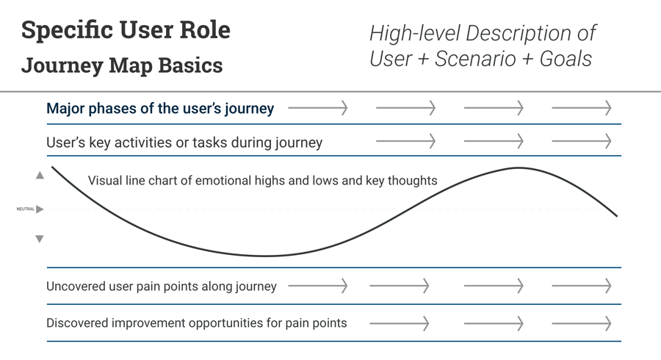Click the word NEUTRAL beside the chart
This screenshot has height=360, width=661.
pyautogui.click(x=25, y=209)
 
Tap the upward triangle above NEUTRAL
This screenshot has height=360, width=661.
pyautogui.click(x=40, y=176)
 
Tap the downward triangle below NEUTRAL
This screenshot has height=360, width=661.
pyautogui.click(x=40, y=239)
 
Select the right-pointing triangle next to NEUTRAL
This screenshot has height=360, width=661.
pyautogui.click(x=40, y=209)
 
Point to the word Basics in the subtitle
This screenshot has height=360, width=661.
pyautogui.click(x=189, y=65)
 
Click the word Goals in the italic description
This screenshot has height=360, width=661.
pyautogui.click(x=566, y=59)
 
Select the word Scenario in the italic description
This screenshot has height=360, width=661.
pyautogui.click(x=475, y=59)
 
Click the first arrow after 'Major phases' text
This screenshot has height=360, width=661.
pyautogui.click(x=317, y=109)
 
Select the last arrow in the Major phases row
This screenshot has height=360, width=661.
pyautogui.click(x=581, y=109)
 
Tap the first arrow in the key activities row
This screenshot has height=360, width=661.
pyautogui.click(x=405, y=141)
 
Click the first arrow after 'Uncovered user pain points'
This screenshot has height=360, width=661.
pyautogui.click(x=317, y=286)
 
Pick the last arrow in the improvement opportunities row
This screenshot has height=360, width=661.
pyautogui.click(x=581, y=323)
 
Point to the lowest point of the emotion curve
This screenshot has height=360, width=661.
pyautogui.click(x=266, y=256)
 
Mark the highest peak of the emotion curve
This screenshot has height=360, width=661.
pyautogui.click(x=518, y=168)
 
